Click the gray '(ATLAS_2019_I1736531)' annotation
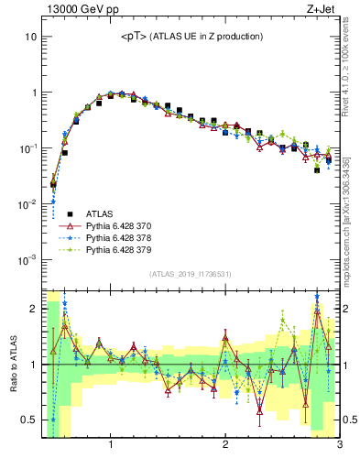click(191, 274)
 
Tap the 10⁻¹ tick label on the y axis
click(28, 148)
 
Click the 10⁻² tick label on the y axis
click(28, 203)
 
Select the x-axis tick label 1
click(111, 445)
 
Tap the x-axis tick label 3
click(339, 445)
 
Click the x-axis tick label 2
click(225, 445)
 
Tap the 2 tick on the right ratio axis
click(348, 309)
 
